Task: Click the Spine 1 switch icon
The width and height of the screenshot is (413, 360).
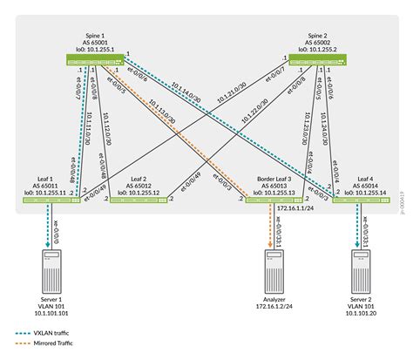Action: (97, 59)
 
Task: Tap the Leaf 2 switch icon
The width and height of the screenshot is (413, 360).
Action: (139, 200)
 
